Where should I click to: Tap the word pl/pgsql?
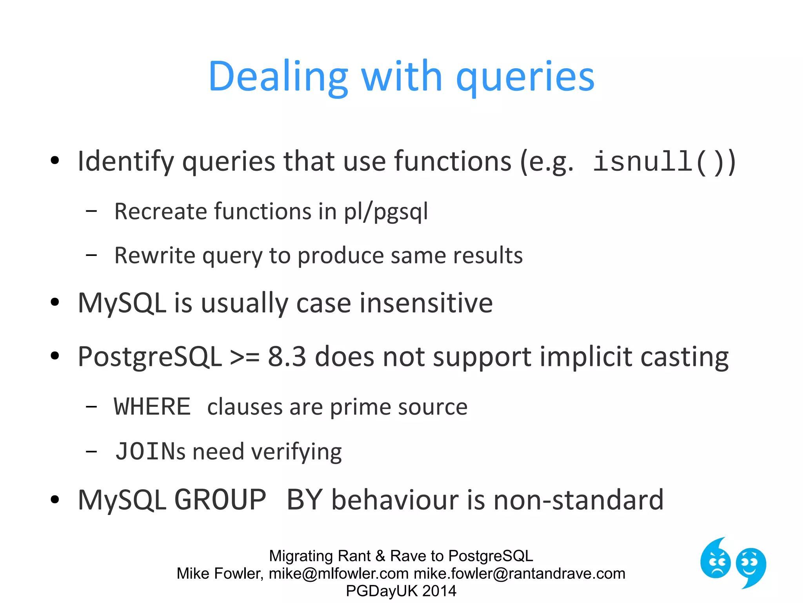click(x=385, y=212)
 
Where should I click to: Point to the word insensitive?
click(x=426, y=303)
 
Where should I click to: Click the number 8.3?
click(x=287, y=356)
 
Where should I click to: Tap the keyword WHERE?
click(x=152, y=407)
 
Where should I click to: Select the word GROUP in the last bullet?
click(x=220, y=500)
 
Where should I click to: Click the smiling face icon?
click(x=750, y=565)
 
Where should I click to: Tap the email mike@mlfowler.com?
click(x=338, y=574)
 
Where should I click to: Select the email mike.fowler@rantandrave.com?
click(x=519, y=574)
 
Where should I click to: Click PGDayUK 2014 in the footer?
click(x=401, y=591)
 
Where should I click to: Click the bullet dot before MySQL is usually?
click(x=55, y=302)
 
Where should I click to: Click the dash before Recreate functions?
click(x=91, y=211)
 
